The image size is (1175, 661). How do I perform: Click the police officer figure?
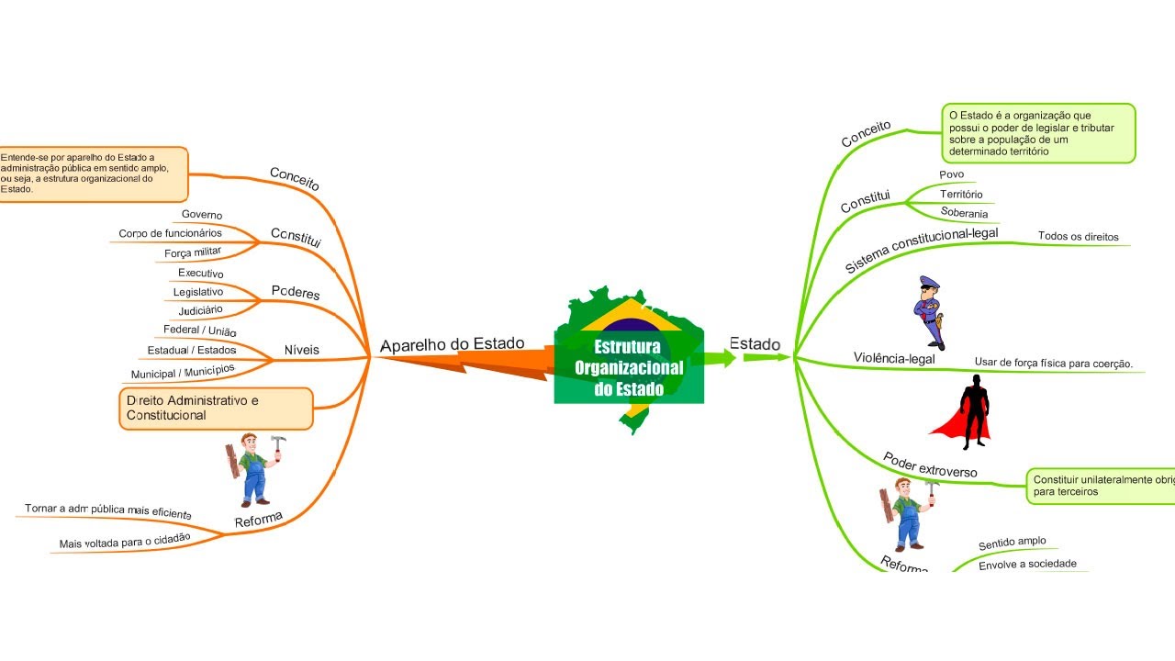930,312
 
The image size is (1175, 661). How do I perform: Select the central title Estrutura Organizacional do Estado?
629,368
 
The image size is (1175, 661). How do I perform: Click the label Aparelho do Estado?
452,344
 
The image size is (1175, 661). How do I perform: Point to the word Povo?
951,174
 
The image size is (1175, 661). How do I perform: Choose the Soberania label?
964,213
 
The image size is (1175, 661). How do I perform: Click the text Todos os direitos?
1078,237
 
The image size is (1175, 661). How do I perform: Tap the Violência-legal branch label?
893,358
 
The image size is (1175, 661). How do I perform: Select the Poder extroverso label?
930,465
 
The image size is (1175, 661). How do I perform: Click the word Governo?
201,215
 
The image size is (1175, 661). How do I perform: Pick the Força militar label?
194,252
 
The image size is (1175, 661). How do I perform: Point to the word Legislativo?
197,292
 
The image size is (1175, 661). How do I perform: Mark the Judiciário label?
200,310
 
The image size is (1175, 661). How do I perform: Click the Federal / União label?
199,330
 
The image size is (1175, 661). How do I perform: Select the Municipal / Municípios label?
182,372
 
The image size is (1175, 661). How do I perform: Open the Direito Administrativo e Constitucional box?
216,409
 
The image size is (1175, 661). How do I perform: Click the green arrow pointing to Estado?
722,358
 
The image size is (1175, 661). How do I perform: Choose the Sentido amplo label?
1012,543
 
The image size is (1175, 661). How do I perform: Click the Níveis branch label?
301,350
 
